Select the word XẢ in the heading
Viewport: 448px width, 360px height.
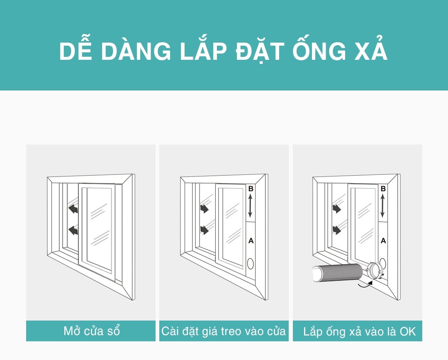point(371,49)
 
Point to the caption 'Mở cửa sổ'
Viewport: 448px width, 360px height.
point(91,331)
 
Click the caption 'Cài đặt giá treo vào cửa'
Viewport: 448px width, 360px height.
point(224,331)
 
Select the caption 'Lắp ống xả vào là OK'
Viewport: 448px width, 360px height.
point(359,331)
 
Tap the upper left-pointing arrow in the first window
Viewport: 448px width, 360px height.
point(73,208)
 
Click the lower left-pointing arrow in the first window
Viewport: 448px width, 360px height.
point(73,230)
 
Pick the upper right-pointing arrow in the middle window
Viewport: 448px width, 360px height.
point(204,208)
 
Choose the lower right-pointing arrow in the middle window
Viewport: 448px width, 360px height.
point(204,230)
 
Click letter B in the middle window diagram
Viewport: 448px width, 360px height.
point(251,189)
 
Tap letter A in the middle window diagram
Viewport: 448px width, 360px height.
point(251,241)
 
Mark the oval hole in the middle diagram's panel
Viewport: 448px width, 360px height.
point(251,264)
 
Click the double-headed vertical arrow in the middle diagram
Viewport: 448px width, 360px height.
point(250,206)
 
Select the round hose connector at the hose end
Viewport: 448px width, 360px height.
point(374,270)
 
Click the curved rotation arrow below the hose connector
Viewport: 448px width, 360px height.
point(366,284)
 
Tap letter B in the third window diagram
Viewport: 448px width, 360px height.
point(383,189)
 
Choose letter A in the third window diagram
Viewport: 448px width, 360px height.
point(383,241)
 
